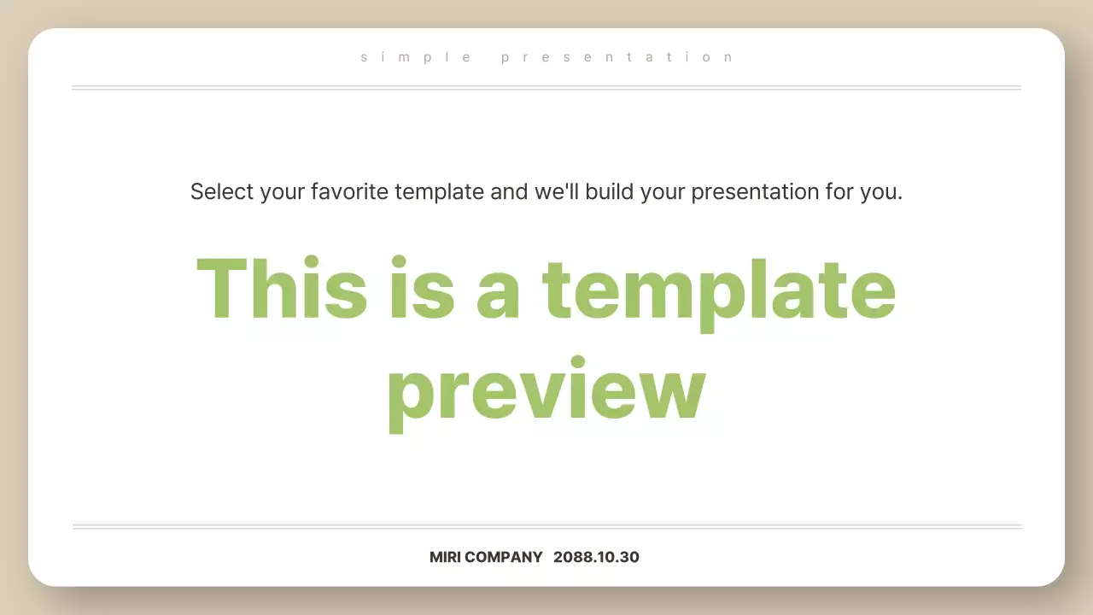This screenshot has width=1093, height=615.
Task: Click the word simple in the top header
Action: [x=416, y=57]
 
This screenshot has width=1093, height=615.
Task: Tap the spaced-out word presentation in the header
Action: [x=617, y=57]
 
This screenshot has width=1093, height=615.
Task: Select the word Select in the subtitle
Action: [x=222, y=191]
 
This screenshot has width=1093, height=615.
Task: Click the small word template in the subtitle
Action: [x=439, y=192]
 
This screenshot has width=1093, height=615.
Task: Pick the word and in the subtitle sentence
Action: [x=509, y=191]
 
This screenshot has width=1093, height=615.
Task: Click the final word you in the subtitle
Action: [x=880, y=192]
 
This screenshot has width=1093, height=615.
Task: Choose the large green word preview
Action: [x=546, y=391]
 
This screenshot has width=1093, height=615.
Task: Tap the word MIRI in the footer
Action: [x=449, y=557]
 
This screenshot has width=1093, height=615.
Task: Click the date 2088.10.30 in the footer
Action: [x=596, y=557]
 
